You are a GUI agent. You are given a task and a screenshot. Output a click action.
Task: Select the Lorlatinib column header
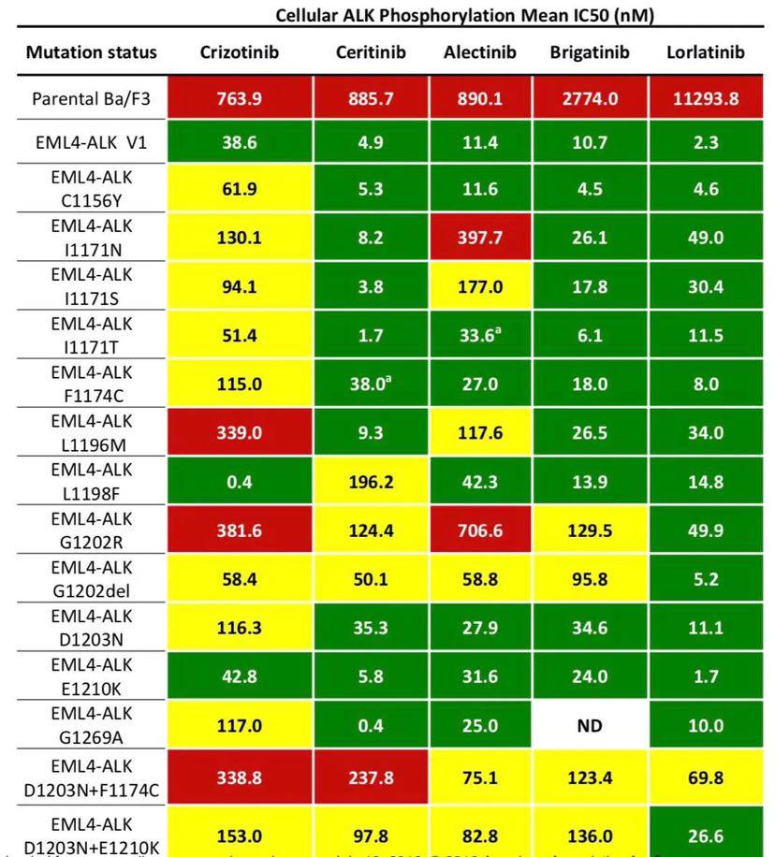[x=706, y=52]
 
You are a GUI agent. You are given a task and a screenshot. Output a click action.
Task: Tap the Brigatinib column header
[x=590, y=52]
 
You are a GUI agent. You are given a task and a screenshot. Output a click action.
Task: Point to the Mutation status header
[x=92, y=52]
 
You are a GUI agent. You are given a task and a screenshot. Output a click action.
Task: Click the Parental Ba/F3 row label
[x=92, y=98]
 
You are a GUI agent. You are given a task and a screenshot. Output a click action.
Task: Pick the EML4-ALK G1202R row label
[x=92, y=530]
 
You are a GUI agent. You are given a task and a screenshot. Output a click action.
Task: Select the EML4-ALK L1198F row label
[x=92, y=483]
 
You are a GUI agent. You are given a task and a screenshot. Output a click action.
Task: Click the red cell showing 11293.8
[x=706, y=98]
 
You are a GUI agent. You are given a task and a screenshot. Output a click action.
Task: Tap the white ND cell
[x=590, y=725]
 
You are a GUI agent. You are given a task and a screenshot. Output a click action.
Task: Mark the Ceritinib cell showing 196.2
[x=371, y=483]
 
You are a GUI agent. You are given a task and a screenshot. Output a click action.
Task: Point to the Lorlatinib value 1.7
[x=706, y=677]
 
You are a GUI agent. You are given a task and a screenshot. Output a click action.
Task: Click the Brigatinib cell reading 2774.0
[x=590, y=98]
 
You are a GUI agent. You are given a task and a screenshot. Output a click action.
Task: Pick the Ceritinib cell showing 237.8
[x=371, y=775]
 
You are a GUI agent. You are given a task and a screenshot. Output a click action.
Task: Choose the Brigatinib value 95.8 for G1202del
[x=590, y=580]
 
